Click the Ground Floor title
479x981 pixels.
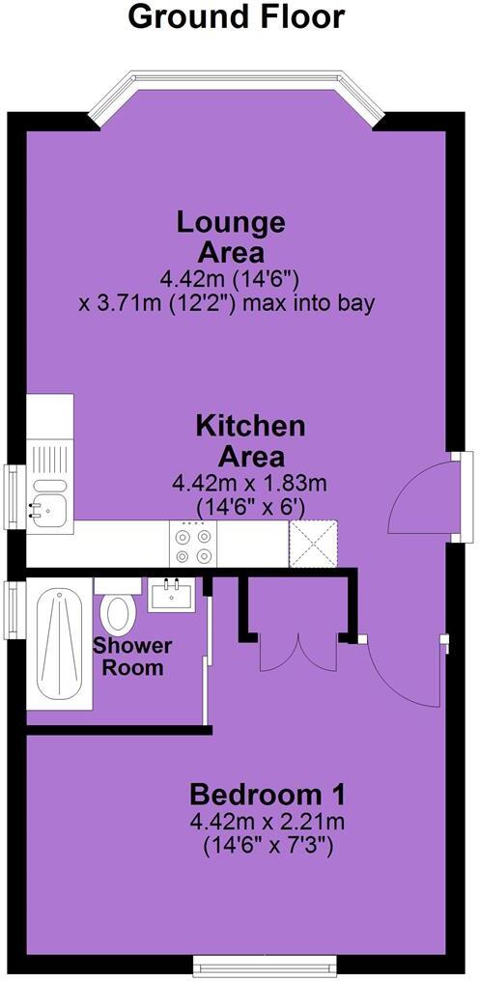236,17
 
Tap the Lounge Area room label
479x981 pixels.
231,238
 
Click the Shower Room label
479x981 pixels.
132,657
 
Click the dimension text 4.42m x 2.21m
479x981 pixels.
268,823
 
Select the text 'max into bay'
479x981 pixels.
327,303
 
